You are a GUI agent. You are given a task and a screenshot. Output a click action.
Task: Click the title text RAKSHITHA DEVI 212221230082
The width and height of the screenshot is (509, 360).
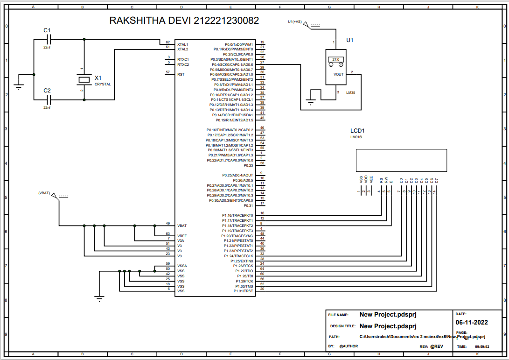pyautogui.click(x=184, y=21)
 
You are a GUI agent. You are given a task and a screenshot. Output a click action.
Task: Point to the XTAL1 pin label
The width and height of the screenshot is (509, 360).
pyautogui.click(x=183, y=44)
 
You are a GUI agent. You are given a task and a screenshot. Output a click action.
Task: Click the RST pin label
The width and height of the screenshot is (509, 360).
pyautogui.click(x=181, y=74)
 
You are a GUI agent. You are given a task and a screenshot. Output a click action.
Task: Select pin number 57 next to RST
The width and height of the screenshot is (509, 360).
pyautogui.click(x=167, y=72)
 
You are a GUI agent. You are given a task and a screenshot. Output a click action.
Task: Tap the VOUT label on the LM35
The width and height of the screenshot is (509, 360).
pyautogui.click(x=339, y=74)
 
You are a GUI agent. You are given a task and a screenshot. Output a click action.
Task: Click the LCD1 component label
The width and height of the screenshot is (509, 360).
pyautogui.click(x=357, y=131)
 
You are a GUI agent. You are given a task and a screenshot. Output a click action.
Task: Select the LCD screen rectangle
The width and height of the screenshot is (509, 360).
pyautogui.click(x=401, y=160)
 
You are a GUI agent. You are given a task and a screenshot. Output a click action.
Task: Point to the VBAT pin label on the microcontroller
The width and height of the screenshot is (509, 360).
pyautogui.click(x=182, y=226)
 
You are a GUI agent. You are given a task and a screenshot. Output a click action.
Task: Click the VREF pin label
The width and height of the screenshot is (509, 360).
pyautogui.click(x=182, y=236)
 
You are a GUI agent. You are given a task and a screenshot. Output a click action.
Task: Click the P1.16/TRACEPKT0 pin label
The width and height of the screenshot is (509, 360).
pyautogui.click(x=237, y=215)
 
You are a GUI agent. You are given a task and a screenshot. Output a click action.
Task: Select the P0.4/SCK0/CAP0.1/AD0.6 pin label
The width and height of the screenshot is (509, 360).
pyautogui.click(x=232, y=64)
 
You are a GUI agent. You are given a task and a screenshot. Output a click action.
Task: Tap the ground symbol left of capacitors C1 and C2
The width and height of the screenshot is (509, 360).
pyautogui.click(x=19, y=85)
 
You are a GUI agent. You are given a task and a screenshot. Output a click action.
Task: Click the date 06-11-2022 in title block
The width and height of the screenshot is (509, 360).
pyautogui.click(x=471, y=323)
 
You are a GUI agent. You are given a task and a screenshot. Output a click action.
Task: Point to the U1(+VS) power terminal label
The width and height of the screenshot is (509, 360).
pyautogui.click(x=295, y=21)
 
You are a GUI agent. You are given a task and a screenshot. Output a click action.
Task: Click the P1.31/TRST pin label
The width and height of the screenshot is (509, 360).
pyautogui.click(x=243, y=291)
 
